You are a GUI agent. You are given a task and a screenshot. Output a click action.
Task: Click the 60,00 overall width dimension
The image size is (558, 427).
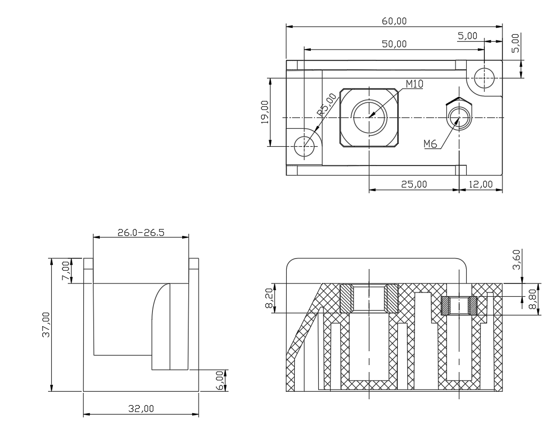pos(394,21)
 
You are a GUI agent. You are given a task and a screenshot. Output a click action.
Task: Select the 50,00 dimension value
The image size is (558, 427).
pos(394,44)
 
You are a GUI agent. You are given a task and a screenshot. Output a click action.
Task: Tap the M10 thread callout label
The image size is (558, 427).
pos(414,84)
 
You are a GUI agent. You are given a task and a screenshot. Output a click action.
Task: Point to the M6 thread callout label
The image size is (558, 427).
pos(430,144)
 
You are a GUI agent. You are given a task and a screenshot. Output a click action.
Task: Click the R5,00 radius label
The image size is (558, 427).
pos(327,105)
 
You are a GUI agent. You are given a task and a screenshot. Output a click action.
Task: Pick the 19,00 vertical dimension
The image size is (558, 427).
pos(265,112)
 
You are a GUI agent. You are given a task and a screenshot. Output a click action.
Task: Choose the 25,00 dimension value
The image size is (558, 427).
pos(414,184)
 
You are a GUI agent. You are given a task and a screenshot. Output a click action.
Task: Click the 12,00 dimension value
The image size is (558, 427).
pos(481,184)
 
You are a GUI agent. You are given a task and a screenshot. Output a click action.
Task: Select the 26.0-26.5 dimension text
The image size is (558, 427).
pos(141,233)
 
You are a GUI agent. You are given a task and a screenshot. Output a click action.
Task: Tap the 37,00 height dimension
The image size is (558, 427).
pos(46,325)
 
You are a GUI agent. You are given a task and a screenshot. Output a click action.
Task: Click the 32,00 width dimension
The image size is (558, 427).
pos(141,409)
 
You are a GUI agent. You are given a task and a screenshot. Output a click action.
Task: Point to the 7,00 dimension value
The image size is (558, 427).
pos(66,271)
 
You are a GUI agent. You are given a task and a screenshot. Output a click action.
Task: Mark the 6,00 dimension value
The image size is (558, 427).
pos(220,381)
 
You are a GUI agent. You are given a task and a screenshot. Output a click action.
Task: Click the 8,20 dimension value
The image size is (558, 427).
pos(269,298)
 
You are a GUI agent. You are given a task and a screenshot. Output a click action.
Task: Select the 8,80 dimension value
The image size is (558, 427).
pos(532,299)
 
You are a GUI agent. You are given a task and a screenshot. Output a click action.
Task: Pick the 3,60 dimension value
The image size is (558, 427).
pos(516,260)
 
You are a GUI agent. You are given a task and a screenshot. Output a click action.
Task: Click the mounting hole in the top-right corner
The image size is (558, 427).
pos(484,78)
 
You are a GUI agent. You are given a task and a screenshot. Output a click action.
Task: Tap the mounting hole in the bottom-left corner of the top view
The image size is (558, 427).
pos(304,146)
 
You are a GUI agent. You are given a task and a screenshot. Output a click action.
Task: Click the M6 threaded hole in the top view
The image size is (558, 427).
pos(459,118)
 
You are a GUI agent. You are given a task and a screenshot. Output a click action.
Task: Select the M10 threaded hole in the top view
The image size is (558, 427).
pos(370,117)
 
